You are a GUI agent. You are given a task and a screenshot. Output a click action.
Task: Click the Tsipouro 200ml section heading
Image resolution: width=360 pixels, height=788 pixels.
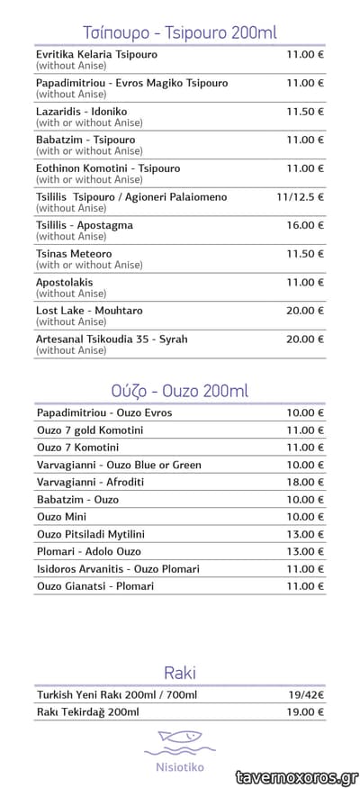(x=179, y=32)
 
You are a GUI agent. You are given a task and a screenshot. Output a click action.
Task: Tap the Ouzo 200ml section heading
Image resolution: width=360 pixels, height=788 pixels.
(x=179, y=391)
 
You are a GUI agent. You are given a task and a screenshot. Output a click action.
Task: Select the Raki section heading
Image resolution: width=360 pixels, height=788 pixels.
(x=179, y=673)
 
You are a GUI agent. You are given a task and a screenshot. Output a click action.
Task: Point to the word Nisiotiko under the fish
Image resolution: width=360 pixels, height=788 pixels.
(x=179, y=766)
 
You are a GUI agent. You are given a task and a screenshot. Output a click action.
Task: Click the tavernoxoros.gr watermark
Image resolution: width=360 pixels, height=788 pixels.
(x=296, y=776)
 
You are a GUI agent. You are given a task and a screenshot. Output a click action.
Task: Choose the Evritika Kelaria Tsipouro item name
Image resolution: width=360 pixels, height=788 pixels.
(x=96, y=54)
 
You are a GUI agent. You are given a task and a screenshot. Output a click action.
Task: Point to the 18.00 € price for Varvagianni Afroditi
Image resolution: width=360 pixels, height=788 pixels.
(x=305, y=482)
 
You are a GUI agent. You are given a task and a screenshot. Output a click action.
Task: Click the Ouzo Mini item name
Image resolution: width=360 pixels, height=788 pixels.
(x=61, y=517)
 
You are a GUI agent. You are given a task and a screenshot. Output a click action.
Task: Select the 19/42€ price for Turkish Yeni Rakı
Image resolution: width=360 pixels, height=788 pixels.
(x=306, y=695)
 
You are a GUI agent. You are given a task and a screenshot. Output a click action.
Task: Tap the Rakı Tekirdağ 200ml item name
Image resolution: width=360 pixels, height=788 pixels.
(x=87, y=712)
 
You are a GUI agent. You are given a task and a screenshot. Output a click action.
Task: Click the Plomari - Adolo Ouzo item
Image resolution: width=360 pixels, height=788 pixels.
(x=88, y=551)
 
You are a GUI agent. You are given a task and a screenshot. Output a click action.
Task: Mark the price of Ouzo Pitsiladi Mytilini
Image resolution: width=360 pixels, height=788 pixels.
(x=305, y=534)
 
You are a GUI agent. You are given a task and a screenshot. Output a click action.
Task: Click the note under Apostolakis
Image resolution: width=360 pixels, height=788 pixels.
(x=71, y=294)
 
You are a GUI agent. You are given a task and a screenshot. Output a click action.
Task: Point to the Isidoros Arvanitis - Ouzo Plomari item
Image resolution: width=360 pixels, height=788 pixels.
(x=118, y=568)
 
